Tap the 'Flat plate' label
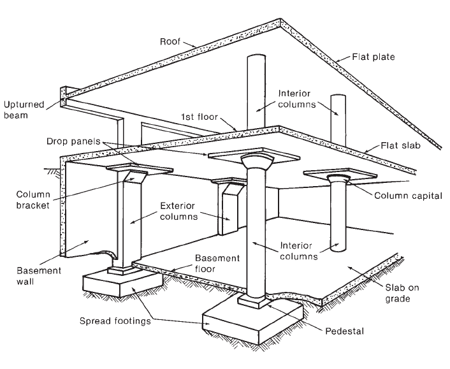pos(373,57)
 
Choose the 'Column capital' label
pos(408,196)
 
